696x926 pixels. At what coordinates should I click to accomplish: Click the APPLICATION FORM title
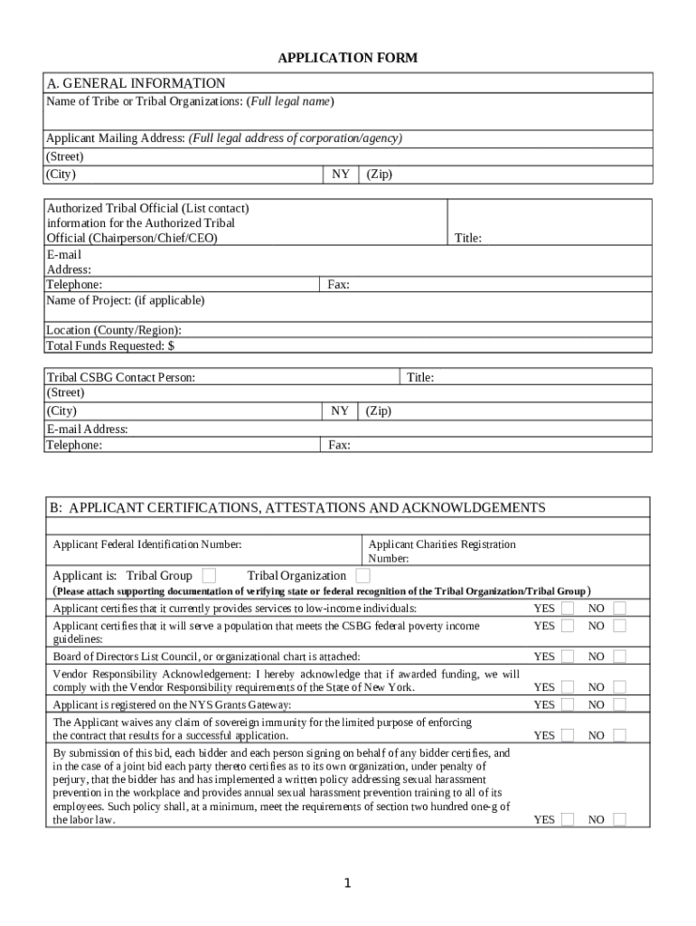[x=348, y=59]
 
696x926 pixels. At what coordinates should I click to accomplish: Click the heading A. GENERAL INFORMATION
[x=136, y=83]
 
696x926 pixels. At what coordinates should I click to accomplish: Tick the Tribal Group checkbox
[x=209, y=575]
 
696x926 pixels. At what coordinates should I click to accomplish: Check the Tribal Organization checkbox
[x=362, y=575]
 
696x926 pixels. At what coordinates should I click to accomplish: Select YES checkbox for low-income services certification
[x=567, y=608]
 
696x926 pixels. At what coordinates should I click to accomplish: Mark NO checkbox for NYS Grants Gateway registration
[x=619, y=704]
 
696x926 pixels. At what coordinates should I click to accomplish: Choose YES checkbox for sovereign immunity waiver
[x=567, y=735]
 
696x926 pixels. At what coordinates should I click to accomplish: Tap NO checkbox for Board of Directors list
[x=619, y=656]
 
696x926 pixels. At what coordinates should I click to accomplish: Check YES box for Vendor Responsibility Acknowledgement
[x=567, y=687]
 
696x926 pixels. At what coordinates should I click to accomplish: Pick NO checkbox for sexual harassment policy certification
[x=619, y=819]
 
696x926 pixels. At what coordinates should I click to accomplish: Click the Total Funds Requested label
[x=110, y=345]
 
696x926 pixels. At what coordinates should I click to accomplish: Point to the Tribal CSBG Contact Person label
[x=120, y=377]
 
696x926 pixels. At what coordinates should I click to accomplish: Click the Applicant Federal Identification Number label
[x=147, y=544]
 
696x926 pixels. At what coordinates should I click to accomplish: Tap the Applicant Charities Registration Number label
[x=441, y=551]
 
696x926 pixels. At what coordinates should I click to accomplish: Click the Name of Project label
[x=126, y=299]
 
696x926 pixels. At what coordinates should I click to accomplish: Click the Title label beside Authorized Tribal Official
[x=467, y=238]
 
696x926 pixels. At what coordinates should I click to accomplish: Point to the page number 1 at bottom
[x=348, y=883]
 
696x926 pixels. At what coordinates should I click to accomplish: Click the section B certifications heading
[x=297, y=507]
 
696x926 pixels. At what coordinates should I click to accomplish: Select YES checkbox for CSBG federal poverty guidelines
[x=567, y=625]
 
